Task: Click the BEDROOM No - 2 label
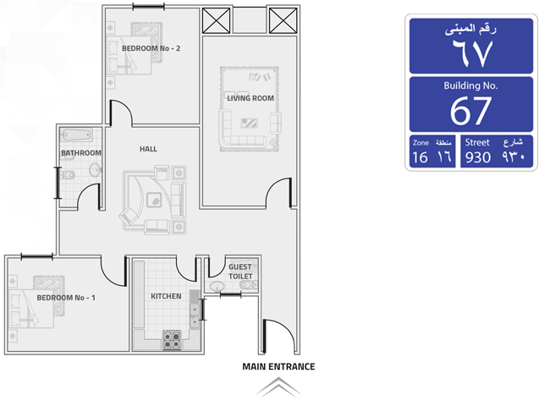click(x=151, y=48)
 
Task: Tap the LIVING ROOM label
click(x=250, y=98)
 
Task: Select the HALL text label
click(x=148, y=149)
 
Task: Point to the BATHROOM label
click(x=81, y=153)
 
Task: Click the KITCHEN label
click(x=166, y=296)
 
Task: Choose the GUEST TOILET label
click(x=240, y=272)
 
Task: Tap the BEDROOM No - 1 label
click(x=66, y=298)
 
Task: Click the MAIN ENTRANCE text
click(x=278, y=367)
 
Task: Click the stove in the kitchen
click(x=172, y=339)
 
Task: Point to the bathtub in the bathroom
click(x=76, y=134)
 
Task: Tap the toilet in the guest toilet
click(x=248, y=285)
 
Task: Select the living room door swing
click(x=279, y=192)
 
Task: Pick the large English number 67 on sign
click(x=470, y=111)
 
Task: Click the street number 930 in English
click(x=478, y=157)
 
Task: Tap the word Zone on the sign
click(x=421, y=143)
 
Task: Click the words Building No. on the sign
click(x=470, y=85)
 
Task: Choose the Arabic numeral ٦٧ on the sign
click(x=472, y=53)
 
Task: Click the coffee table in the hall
click(x=154, y=200)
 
